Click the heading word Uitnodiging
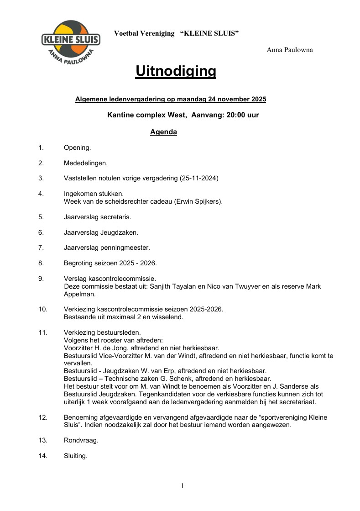[176, 71]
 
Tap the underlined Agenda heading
[163, 132]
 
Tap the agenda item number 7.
[41, 248]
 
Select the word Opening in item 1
[77, 148]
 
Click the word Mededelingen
[85, 163]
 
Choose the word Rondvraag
[81, 441]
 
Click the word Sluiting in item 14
[75, 456]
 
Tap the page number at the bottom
[183, 486]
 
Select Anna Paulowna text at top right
[290, 50]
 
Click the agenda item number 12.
[43, 417]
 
